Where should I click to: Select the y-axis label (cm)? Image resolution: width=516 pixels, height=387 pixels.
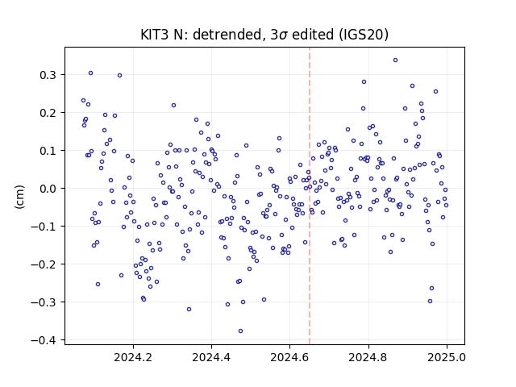(19, 197)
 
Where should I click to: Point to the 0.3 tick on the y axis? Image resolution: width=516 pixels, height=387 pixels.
(48, 75)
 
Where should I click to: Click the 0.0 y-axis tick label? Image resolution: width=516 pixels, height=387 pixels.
(48, 189)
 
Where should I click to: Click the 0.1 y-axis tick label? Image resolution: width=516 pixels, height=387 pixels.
(48, 151)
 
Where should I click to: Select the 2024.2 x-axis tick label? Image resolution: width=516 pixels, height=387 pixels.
(133, 357)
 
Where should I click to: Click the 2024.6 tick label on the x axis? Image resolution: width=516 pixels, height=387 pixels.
(289, 357)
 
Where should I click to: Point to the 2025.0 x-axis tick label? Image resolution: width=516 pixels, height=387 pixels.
(447, 357)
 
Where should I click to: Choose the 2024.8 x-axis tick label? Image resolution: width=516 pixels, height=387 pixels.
(368, 357)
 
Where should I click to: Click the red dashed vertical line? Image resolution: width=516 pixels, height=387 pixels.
(310, 196)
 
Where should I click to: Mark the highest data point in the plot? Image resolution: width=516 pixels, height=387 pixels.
(395, 60)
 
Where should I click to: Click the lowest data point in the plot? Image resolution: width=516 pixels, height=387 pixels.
(240, 331)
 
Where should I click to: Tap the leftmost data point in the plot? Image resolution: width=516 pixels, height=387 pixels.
(83, 100)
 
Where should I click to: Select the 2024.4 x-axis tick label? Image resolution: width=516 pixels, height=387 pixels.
(211, 357)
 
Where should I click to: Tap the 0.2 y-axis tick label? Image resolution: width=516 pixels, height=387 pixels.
(48, 113)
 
